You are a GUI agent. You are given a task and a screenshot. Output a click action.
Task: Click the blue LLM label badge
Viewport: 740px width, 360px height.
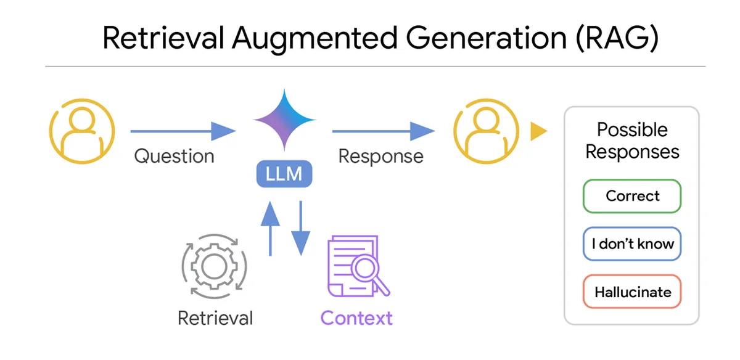click(284, 174)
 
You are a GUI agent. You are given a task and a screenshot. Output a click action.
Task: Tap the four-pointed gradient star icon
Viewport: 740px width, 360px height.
click(284, 120)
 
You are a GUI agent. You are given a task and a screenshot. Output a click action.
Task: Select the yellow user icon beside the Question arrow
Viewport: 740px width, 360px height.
click(82, 131)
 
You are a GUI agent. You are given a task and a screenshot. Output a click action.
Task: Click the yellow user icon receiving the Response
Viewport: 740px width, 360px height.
click(486, 131)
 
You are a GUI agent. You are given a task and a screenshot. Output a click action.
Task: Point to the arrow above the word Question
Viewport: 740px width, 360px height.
click(183, 131)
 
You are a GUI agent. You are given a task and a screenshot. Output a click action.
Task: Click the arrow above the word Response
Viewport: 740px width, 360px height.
click(383, 131)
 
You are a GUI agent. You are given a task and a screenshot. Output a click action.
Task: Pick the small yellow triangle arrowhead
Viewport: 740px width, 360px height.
click(539, 131)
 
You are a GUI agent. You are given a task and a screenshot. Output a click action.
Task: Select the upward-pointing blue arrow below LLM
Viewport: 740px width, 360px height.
click(270, 229)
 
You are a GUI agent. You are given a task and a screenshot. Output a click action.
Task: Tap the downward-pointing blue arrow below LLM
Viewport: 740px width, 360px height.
click(301, 229)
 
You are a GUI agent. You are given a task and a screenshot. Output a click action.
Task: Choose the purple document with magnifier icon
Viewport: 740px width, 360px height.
click(359, 266)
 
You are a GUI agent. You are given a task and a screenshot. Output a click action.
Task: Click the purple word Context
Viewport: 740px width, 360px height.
click(356, 318)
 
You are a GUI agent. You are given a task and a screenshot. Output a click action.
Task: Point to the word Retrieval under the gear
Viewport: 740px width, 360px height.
click(215, 318)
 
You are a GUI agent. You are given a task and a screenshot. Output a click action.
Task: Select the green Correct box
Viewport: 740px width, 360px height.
click(632, 196)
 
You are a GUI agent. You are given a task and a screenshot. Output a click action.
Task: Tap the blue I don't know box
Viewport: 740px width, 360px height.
click(632, 243)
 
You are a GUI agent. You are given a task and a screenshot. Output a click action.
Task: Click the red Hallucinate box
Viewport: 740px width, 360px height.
click(632, 292)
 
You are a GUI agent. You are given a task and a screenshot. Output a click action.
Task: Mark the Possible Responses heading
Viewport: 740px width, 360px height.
click(632, 141)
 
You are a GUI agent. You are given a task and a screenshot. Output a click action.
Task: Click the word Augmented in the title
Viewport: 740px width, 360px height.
click(315, 38)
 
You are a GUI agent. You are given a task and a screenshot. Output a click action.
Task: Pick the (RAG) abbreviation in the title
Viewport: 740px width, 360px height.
click(617, 38)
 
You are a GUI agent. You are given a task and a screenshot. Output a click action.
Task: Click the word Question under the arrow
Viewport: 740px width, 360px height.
click(174, 156)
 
